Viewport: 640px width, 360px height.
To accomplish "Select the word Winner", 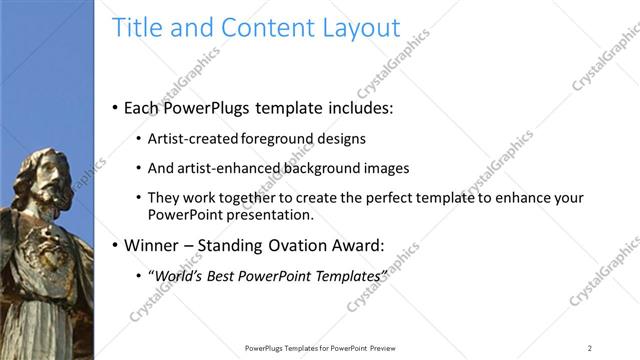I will pyautogui.click(x=150, y=244).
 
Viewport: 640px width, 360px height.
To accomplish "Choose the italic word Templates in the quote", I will pyautogui.click(x=345, y=275).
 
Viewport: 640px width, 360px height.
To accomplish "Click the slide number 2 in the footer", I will pyautogui.click(x=589, y=348).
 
